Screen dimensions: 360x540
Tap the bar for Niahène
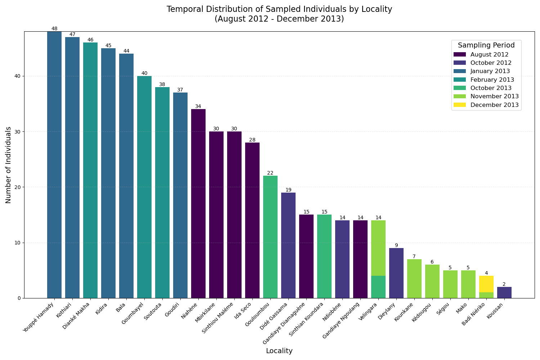pos(198,203)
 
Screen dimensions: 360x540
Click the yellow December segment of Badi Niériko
pos(486,284)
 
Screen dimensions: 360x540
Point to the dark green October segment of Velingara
pos(378,287)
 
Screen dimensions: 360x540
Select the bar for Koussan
pos(504,293)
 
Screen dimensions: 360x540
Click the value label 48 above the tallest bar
pos(54,29)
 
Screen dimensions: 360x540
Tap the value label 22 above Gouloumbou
pos(270,173)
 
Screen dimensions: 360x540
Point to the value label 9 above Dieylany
pos(396,246)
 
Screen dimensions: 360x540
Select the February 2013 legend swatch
pos(460,80)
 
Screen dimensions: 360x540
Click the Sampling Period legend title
pos(486,45)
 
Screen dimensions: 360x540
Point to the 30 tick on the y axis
pos(18,132)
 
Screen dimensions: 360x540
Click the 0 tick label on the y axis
pos(19,298)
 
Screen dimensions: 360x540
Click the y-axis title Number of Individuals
pos(9,165)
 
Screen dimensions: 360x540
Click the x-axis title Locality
pos(279,351)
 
